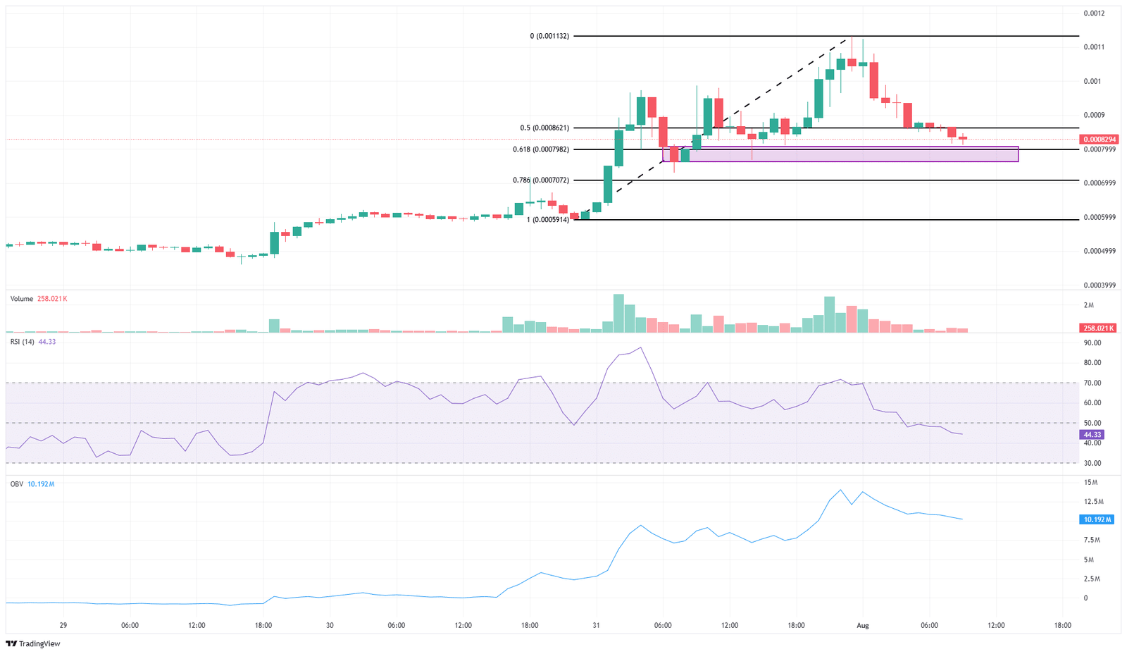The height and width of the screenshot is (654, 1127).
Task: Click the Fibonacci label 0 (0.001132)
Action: coord(549,36)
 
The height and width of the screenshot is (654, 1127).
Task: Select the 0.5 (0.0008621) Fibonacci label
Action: coord(544,128)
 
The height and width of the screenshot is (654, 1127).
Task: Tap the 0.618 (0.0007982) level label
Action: coord(540,149)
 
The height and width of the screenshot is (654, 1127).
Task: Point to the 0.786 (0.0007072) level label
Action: coord(540,180)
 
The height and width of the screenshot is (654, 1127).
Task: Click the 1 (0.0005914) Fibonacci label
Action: coord(547,220)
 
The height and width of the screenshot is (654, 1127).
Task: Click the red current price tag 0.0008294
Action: coord(1100,140)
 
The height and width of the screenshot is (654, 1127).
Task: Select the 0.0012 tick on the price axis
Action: coord(1093,13)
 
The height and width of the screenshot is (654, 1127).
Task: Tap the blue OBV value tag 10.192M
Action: coord(1097,519)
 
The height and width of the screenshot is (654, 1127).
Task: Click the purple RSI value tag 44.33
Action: coord(1092,435)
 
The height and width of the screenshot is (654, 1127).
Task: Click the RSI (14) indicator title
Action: coord(23,342)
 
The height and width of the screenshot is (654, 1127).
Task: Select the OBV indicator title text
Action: coord(16,484)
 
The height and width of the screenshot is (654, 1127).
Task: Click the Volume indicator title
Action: coord(22,299)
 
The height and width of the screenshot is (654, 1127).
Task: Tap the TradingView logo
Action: coord(33,643)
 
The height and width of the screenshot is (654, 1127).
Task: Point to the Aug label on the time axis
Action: coord(862,625)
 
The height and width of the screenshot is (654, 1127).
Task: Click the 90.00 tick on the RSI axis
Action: coord(1092,343)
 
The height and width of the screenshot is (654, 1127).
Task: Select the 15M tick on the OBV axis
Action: coord(1090,483)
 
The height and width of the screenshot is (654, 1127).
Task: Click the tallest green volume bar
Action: coord(618,314)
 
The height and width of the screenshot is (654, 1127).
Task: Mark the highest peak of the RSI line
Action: coord(640,347)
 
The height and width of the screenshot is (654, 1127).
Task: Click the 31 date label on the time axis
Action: coord(596,625)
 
